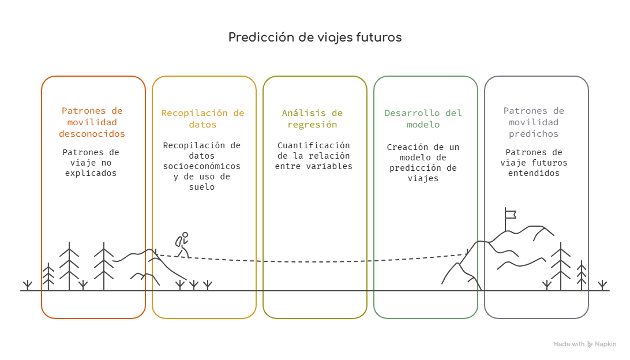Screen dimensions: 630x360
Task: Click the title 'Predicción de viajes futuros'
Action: [315, 37]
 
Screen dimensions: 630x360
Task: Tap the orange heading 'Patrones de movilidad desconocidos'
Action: [92, 122]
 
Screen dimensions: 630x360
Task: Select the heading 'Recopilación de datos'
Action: [203, 119]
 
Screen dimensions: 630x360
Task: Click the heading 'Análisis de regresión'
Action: [312, 119]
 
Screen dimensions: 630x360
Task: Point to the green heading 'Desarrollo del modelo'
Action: [423, 119]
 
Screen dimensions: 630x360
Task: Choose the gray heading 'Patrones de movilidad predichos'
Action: [534, 122]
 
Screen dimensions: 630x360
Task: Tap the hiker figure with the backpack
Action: [182, 245]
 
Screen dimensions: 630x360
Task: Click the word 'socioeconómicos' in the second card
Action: [202, 166]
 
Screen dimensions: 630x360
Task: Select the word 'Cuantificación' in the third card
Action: [313, 145]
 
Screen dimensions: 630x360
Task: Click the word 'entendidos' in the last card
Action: [534, 173]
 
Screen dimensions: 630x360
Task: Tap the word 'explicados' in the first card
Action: [91, 173]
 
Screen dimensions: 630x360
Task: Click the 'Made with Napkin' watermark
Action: [584, 344]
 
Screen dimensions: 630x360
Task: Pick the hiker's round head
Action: [185, 235]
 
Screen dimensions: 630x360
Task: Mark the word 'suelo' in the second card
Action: [202, 187]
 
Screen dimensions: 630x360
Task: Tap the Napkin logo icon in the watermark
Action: [590, 344]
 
